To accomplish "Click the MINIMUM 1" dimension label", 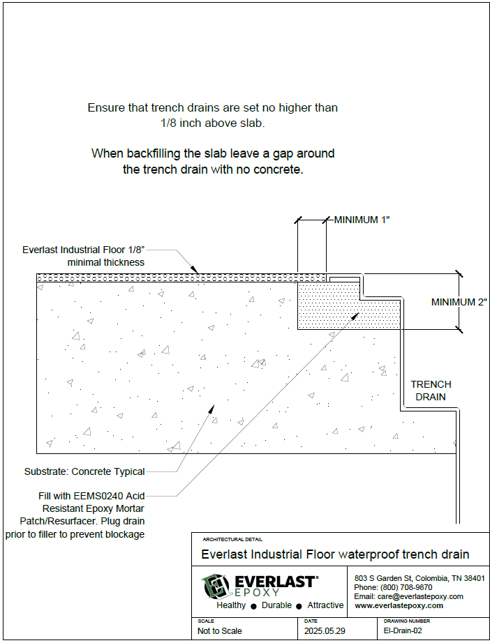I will point(361,220).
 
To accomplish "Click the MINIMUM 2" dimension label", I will point(458,302).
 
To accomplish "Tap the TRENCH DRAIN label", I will point(431,391).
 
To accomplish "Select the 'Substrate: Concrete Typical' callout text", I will point(84,471).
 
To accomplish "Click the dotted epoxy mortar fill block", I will point(328,305).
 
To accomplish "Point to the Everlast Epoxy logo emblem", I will point(216,586).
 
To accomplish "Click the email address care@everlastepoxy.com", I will point(408,597).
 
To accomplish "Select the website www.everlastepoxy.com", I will point(399,606).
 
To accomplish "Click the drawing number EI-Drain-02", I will point(403,631).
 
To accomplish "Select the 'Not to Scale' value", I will point(220,631).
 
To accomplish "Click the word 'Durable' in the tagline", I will point(277,605).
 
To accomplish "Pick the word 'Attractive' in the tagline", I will point(325,605).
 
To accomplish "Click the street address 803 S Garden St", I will point(386,579).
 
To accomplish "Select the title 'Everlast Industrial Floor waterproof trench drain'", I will point(335,554).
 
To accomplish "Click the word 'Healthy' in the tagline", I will point(231,605).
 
